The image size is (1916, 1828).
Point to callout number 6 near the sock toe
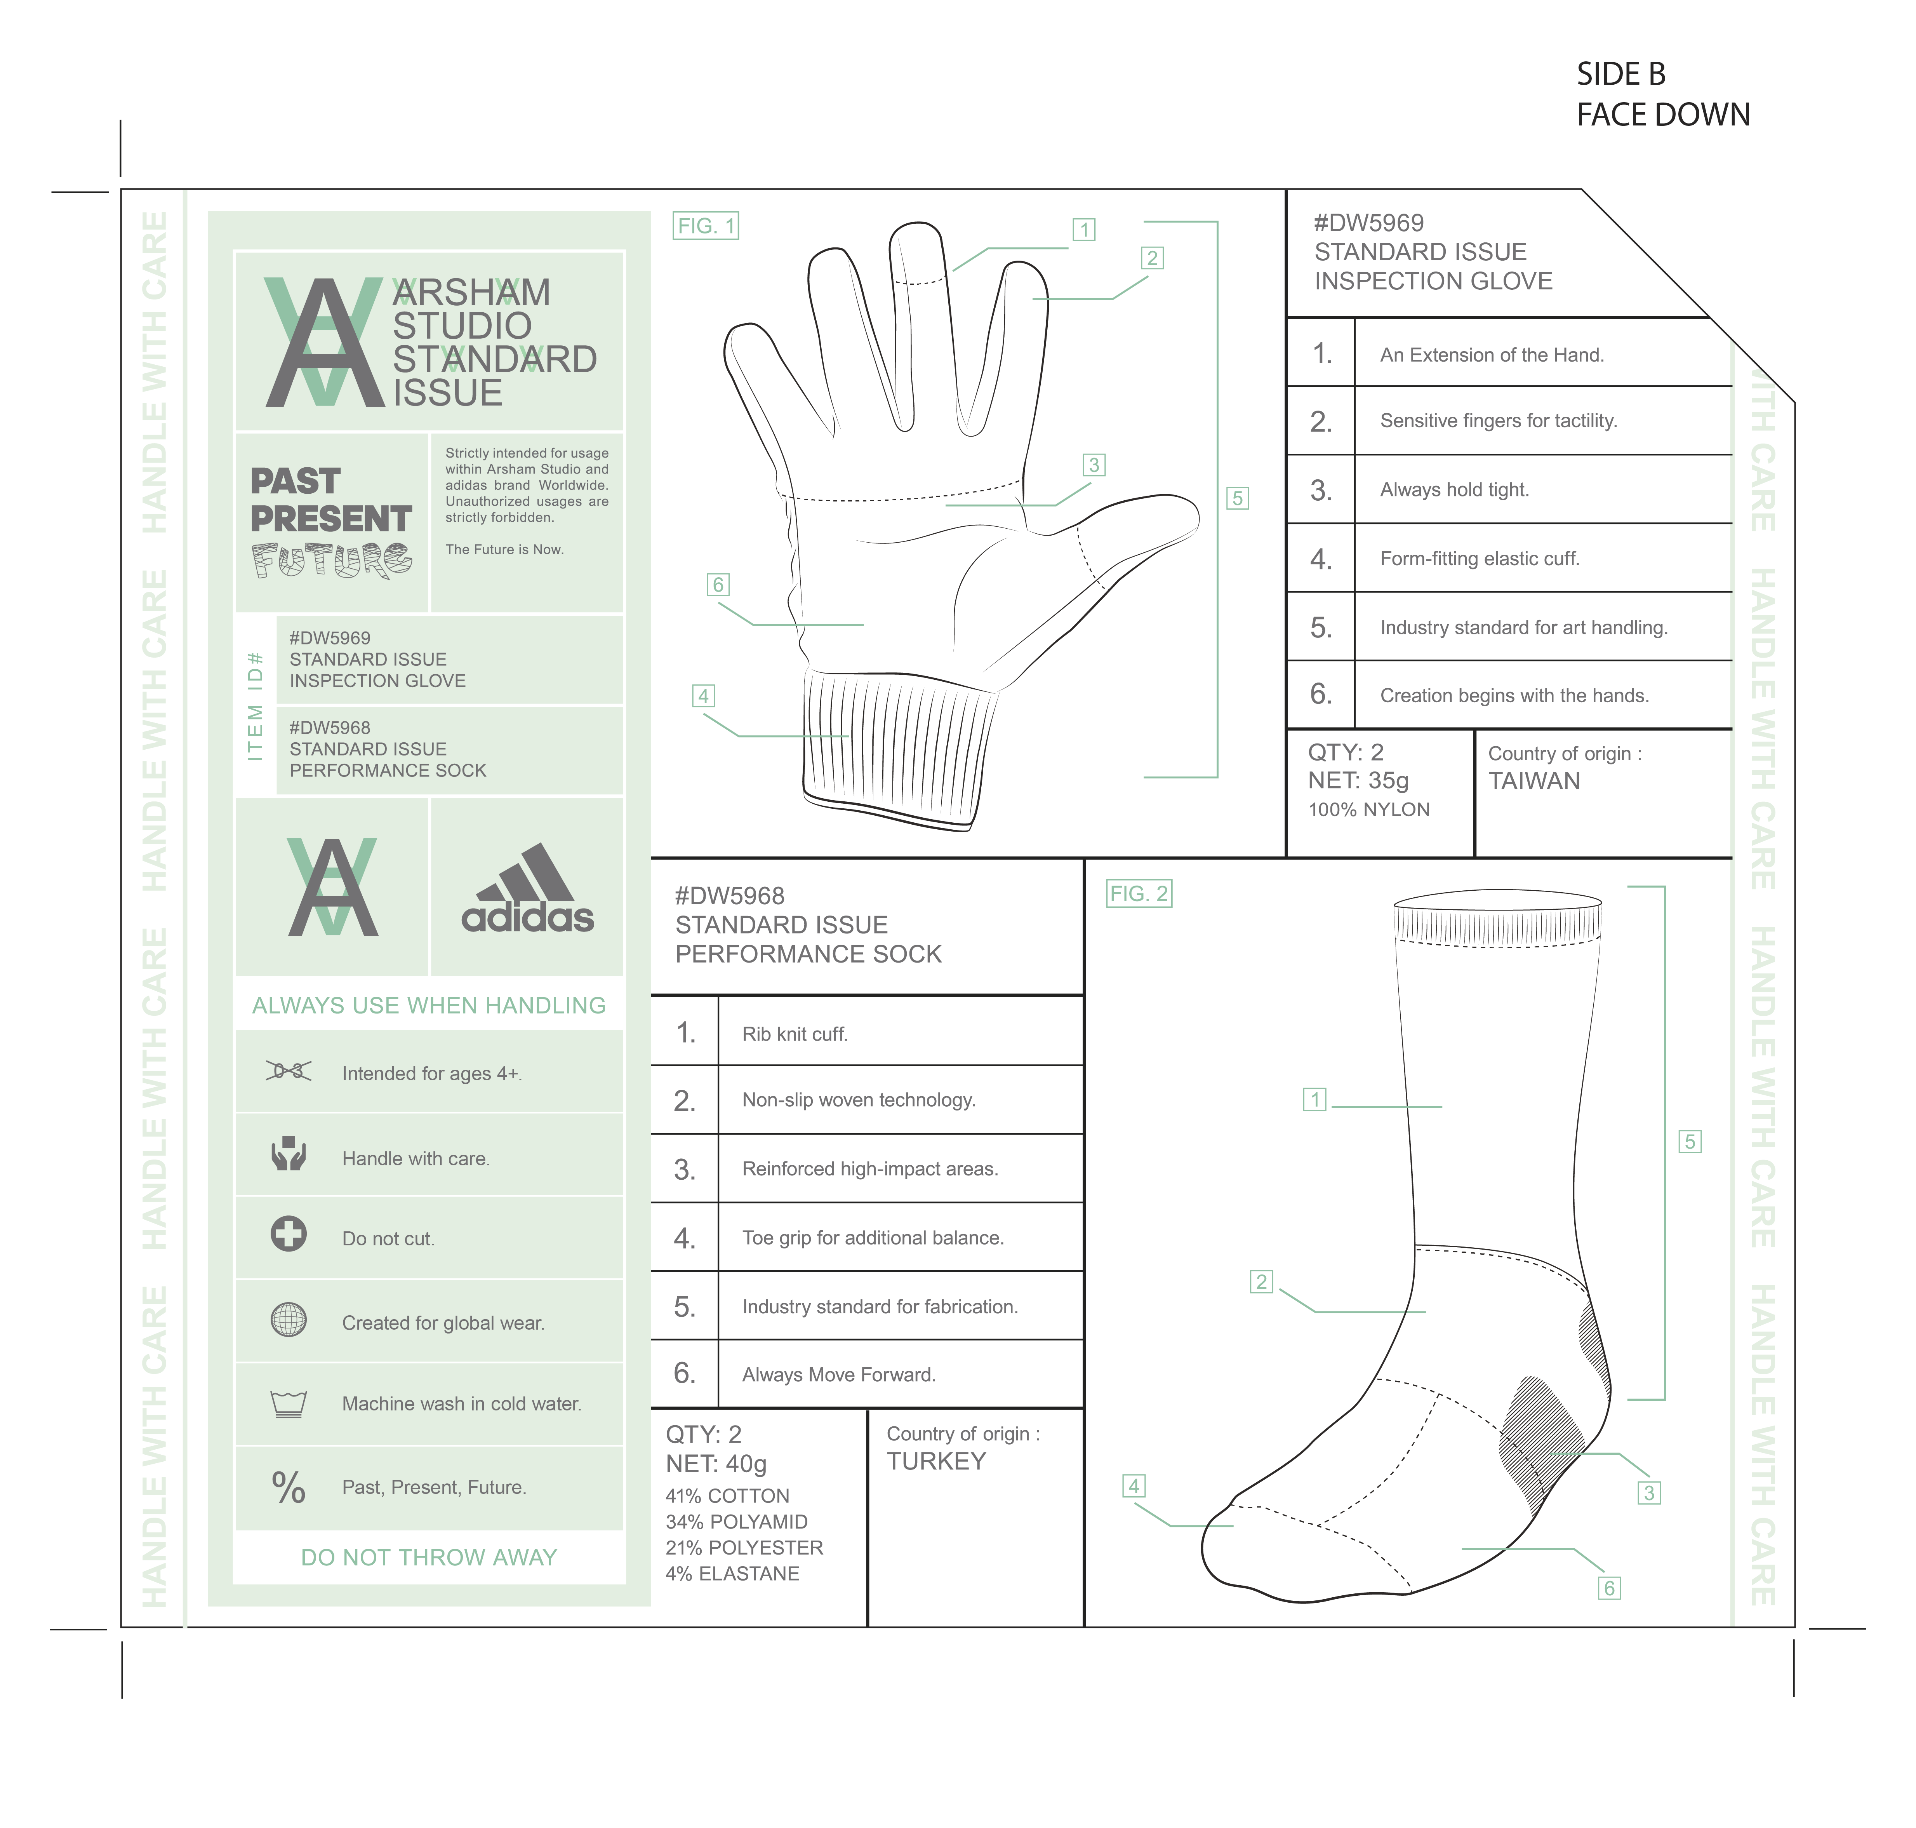1609,1588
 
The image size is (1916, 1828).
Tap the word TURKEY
936,1462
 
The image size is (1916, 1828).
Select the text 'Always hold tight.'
1454,490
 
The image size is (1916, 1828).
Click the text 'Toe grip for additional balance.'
873,1238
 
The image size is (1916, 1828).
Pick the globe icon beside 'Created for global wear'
288,1320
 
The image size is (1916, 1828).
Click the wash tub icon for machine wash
288,1403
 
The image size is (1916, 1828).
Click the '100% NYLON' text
1368,810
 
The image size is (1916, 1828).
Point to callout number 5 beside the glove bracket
1237,498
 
